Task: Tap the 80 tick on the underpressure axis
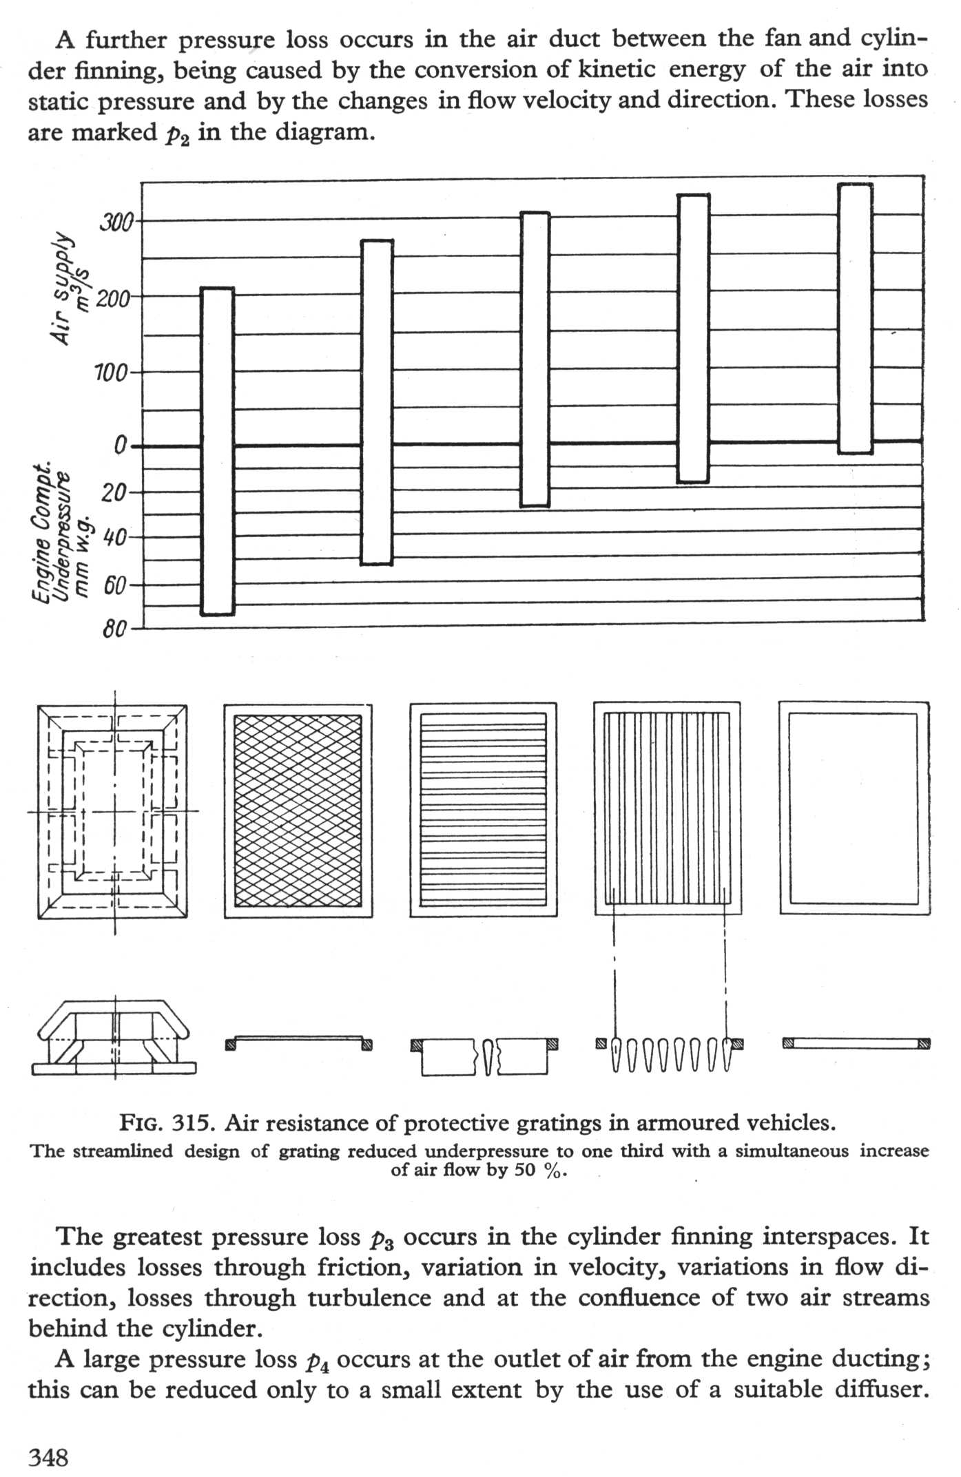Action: tap(114, 629)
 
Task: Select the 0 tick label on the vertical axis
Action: tap(120, 447)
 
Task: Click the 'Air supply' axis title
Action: tap(62, 288)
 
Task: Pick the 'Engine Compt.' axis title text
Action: tap(43, 531)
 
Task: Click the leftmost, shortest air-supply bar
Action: tap(217, 451)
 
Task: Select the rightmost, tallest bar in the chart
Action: tap(855, 318)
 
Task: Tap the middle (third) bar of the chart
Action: tap(535, 359)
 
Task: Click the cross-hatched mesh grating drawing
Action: tap(298, 810)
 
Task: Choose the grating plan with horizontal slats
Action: tap(484, 810)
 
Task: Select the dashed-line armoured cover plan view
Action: tap(112, 811)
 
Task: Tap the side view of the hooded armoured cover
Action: tap(114, 1038)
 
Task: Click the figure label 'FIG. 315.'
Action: tap(169, 1123)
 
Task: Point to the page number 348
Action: tap(48, 1456)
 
